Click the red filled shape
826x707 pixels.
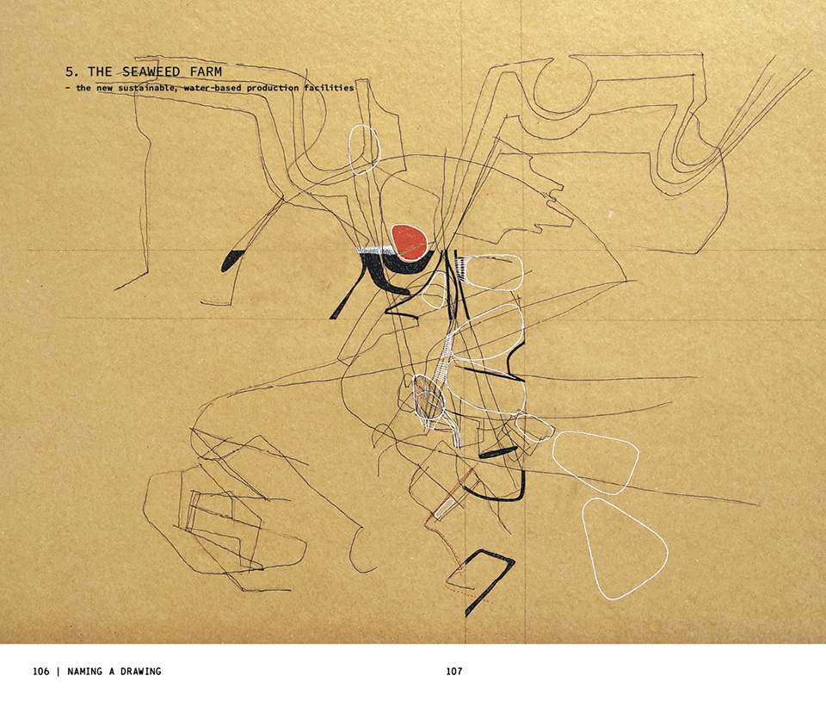(x=409, y=242)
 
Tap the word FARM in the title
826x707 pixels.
(x=205, y=71)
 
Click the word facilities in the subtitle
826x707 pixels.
(x=329, y=88)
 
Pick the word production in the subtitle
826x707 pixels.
(x=273, y=89)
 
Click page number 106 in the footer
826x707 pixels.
(x=40, y=671)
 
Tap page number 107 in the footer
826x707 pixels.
(x=454, y=671)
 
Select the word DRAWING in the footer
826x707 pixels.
(x=140, y=671)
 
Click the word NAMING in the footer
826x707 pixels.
(x=84, y=671)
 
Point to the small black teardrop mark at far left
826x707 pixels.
(x=232, y=259)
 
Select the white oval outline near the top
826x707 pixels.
(x=350, y=149)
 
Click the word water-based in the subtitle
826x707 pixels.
(x=213, y=88)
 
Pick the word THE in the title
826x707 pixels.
(x=100, y=71)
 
